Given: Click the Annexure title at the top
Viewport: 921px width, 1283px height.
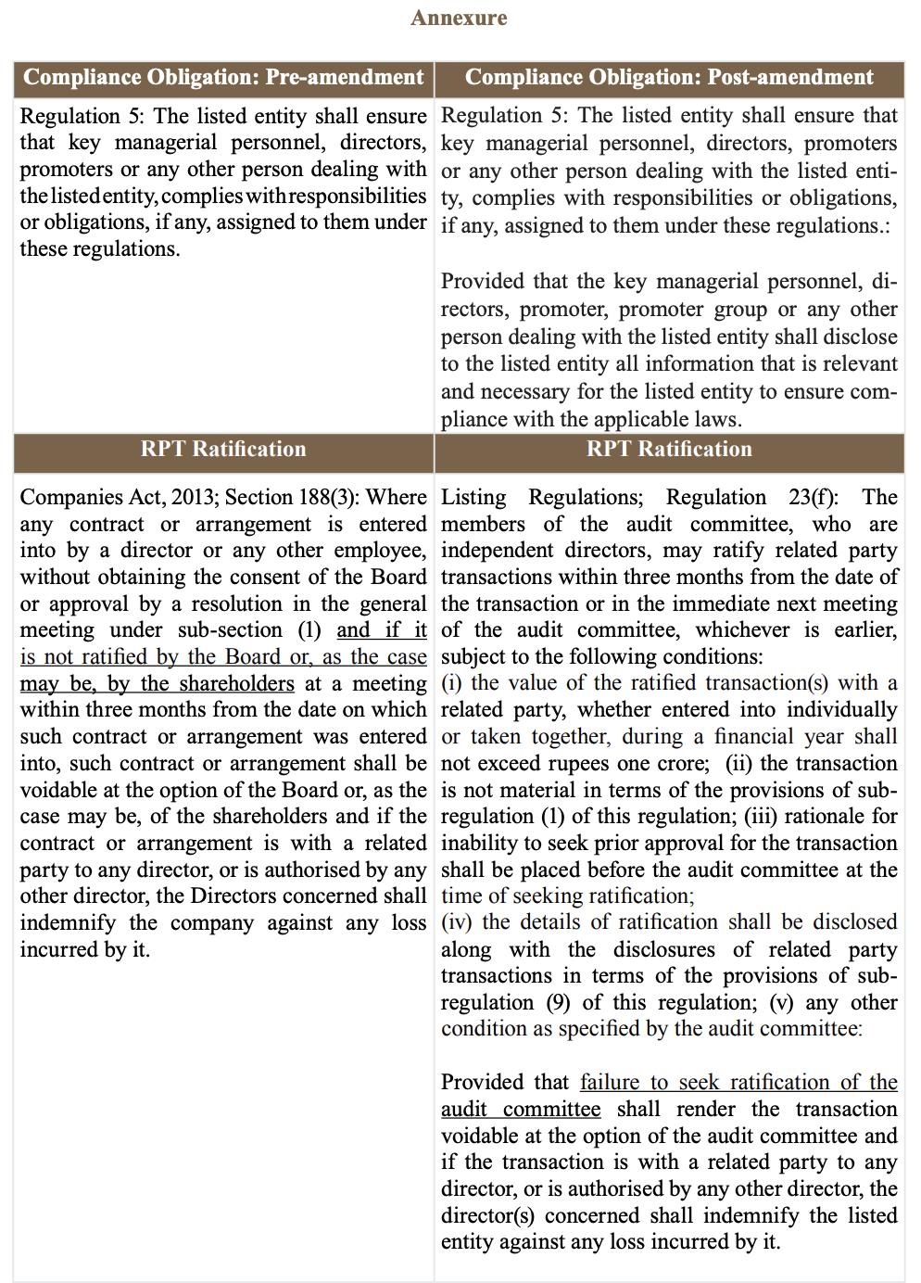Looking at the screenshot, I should coord(459,18).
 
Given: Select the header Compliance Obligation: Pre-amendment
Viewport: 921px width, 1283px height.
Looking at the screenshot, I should coord(223,77).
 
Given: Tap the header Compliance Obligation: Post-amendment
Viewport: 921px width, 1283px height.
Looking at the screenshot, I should coord(669,77).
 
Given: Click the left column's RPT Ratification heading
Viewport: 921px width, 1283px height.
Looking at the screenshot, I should coord(223,450).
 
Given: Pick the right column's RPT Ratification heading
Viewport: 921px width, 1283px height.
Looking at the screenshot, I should coord(669,450).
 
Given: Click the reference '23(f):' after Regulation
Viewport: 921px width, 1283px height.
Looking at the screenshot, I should coord(811,497).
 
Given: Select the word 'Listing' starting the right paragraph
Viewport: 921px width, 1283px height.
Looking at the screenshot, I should coord(473,497).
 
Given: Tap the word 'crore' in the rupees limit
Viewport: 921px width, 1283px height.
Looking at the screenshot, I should coord(684,764).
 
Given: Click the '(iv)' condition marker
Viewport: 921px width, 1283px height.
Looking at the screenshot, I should coord(457,922).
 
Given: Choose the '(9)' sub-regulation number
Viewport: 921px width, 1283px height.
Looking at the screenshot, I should coord(558,1003).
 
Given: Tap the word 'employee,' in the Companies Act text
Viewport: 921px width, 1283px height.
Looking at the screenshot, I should coord(380,551).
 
